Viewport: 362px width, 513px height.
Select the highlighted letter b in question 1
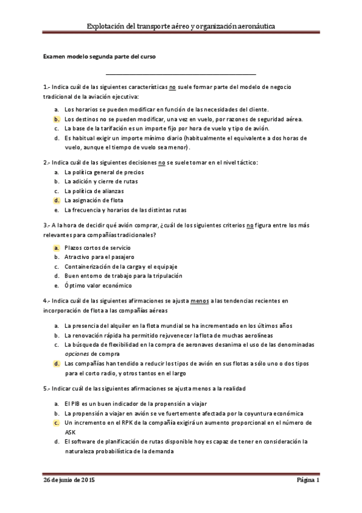tap(56, 119)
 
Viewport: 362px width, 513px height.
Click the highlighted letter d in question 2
tap(56, 200)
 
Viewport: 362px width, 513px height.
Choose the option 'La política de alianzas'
tap(94, 191)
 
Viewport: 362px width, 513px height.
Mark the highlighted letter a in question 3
tap(56, 247)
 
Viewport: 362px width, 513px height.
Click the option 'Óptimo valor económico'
tap(97, 286)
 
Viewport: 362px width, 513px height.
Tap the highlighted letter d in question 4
tap(56, 364)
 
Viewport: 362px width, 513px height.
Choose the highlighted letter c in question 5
tap(56, 423)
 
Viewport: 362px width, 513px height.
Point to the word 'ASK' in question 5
tap(70, 433)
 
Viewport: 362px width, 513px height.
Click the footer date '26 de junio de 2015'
tap(69, 480)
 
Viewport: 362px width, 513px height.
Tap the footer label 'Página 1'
tap(308, 480)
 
